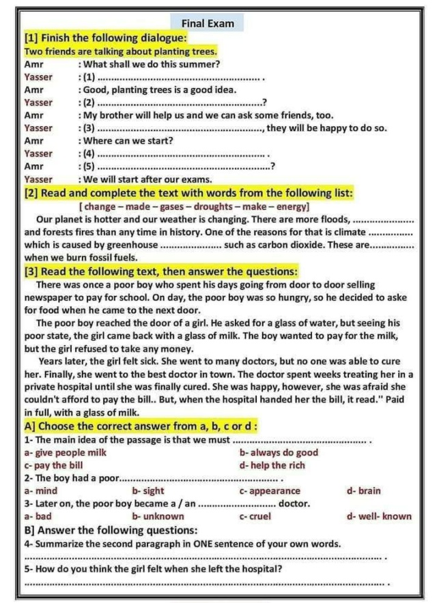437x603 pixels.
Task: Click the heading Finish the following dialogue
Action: point(104,38)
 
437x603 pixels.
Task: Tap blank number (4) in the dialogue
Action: point(184,154)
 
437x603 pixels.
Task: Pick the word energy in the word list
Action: point(292,206)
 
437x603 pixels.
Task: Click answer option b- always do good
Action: point(279,452)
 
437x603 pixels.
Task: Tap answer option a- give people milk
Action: point(65,452)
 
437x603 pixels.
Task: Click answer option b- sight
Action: point(148,490)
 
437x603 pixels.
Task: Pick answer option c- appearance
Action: point(269,490)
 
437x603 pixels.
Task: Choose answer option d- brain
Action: point(364,490)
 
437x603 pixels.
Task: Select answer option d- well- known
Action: point(379,516)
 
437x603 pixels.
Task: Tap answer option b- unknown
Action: point(158,516)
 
